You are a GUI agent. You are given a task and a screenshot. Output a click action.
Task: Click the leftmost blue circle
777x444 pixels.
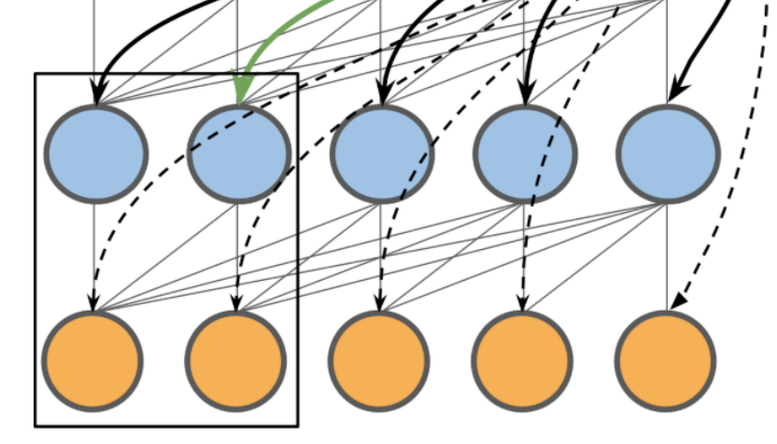point(96,154)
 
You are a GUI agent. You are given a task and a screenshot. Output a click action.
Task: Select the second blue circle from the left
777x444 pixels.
point(238,154)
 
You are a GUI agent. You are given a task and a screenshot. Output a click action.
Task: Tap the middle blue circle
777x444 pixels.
point(382,154)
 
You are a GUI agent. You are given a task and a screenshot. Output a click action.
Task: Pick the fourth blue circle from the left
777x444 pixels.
point(525,154)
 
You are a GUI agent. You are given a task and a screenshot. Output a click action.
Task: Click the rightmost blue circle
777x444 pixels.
point(668,154)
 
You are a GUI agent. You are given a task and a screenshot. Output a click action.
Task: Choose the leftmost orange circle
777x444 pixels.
point(93,361)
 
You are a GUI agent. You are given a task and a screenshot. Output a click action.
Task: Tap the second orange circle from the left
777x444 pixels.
point(234,361)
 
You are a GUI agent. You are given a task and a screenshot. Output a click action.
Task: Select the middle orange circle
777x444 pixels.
point(378,361)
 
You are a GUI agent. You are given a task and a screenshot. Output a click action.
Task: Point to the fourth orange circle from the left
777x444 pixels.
point(521,361)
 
